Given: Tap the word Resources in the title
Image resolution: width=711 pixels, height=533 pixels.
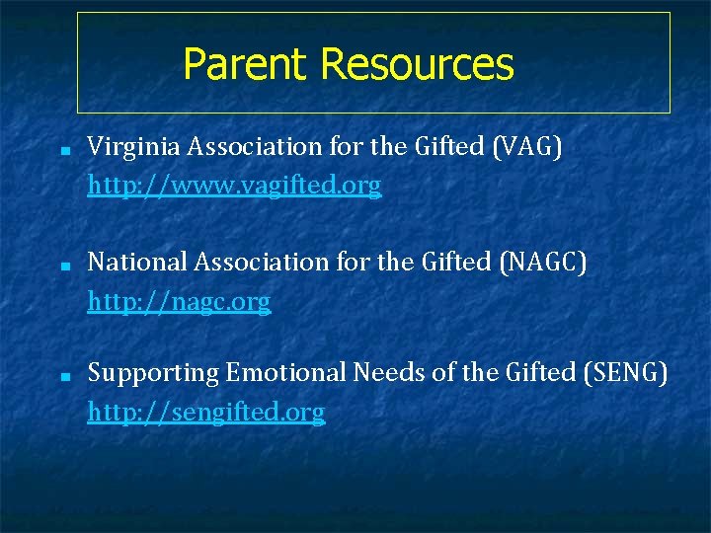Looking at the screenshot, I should point(417,65).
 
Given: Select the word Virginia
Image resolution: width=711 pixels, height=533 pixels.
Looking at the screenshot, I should point(122,148).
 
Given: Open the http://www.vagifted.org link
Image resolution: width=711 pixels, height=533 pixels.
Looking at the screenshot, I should point(234,186).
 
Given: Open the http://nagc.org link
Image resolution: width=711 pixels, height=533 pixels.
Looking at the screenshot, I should point(179,301).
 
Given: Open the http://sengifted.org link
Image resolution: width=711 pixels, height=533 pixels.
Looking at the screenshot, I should point(205,412).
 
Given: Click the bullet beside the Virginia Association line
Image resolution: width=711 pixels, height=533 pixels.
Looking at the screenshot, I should point(62,153).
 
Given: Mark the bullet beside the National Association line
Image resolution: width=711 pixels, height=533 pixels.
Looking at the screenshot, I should point(62,266).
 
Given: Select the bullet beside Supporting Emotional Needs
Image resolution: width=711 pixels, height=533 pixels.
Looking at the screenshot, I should point(62,377).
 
